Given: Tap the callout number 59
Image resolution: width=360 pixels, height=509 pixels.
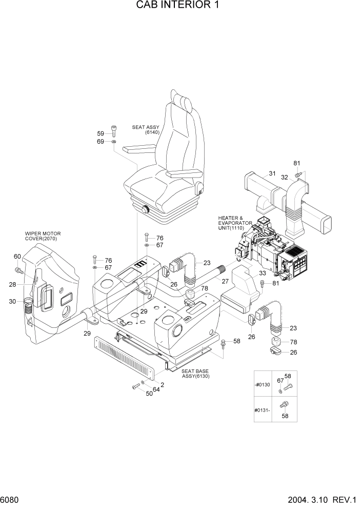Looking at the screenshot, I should (101, 133).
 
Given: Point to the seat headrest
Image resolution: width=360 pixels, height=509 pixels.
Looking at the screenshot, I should (183, 102).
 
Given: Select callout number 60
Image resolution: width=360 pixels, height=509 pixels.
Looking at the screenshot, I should (17, 257).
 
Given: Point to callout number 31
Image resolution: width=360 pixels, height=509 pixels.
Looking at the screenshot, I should (272, 173).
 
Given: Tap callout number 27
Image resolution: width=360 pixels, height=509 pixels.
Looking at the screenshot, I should (225, 281).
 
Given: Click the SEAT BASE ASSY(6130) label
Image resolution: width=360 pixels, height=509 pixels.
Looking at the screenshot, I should (195, 374).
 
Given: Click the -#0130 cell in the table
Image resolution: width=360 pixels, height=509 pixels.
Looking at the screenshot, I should (263, 385).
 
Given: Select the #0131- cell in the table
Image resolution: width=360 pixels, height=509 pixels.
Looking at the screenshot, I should (263, 409).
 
